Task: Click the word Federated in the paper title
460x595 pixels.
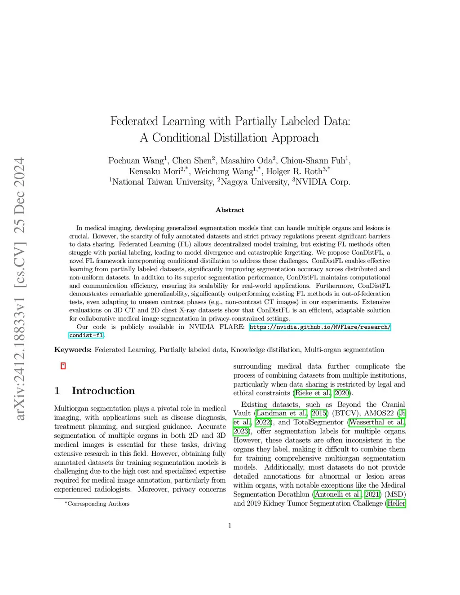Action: [134, 121]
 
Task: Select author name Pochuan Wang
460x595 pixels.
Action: [136, 161]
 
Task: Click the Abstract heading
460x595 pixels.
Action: [230, 210]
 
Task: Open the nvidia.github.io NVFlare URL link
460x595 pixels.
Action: [320, 327]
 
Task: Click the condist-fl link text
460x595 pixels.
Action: [86, 335]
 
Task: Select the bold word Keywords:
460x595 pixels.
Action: [73, 350]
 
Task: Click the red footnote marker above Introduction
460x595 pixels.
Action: [63, 366]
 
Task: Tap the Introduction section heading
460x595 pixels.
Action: [103, 391]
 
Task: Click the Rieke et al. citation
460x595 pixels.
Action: [313, 393]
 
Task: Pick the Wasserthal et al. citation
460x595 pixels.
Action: [377, 422]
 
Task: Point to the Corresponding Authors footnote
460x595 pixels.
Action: [98, 504]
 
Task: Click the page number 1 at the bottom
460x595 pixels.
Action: [230, 526]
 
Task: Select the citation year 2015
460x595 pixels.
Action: [319, 413]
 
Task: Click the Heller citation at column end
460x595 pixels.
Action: [396, 503]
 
